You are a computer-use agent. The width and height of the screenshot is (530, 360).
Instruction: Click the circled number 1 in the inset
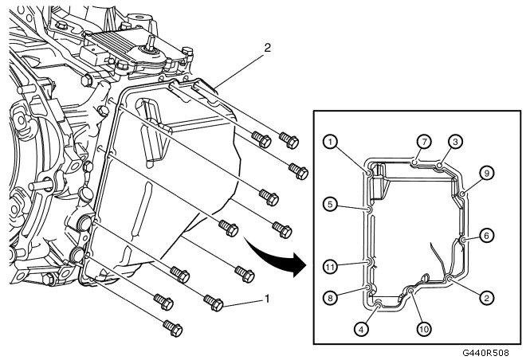[x=329, y=142]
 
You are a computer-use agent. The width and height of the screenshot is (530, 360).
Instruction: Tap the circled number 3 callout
[x=453, y=142]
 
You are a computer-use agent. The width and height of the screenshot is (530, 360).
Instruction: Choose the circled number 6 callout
[x=485, y=235]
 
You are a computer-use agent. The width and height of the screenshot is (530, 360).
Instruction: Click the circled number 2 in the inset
[x=485, y=298]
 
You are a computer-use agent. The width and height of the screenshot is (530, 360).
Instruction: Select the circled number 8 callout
[x=330, y=297]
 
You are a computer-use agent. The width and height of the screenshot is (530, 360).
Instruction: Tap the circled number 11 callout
[x=330, y=266]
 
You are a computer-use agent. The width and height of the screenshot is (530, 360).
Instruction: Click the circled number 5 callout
[x=330, y=204]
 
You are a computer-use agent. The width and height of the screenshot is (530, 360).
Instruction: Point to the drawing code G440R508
[x=493, y=351]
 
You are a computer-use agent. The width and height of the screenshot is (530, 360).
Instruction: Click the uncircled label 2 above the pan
[x=267, y=48]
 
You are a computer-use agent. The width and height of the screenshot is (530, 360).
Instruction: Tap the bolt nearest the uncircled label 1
[x=212, y=301]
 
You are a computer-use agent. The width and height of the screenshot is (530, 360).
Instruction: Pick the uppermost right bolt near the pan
[x=289, y=141]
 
